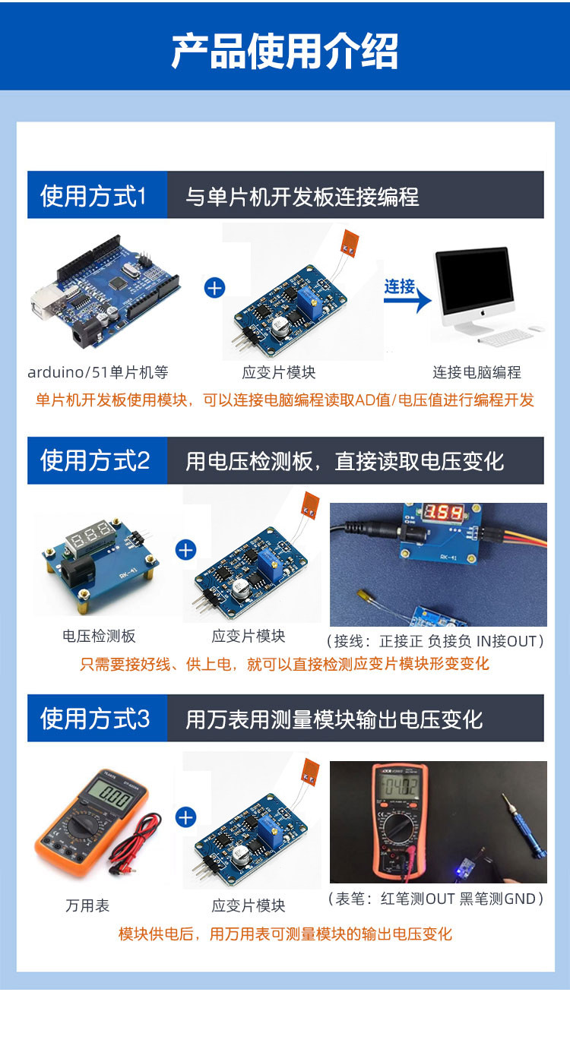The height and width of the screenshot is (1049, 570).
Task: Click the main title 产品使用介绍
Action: point(284,51)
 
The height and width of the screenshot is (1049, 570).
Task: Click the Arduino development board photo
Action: point(105,292)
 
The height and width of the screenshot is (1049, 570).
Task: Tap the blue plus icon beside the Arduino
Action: point(215,288)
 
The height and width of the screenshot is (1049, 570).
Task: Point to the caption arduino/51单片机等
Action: point(97,373)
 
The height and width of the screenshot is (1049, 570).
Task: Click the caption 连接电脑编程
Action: point(477,373)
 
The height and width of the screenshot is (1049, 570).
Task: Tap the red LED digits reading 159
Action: point(444,513)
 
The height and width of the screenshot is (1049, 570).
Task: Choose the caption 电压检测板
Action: point(99,636)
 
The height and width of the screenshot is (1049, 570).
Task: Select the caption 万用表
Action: point(87,905)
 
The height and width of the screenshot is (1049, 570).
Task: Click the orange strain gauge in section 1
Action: point(350,244)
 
